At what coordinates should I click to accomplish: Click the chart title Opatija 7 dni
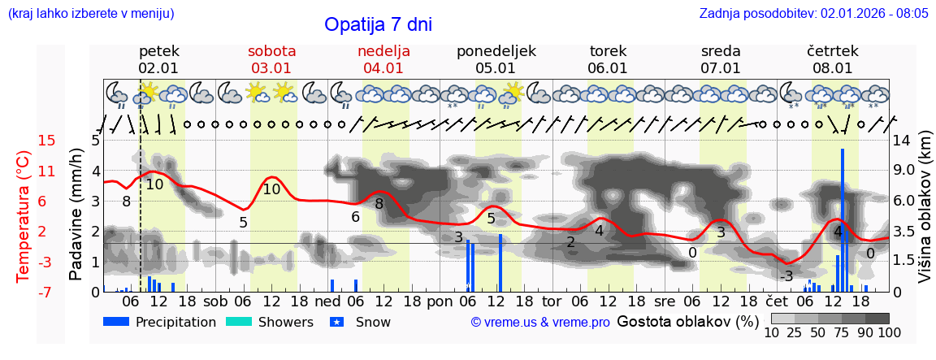(378, 24)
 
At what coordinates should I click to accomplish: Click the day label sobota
(271, 51)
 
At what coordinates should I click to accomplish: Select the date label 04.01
(383, 68)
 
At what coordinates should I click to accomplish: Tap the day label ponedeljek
(496, 51)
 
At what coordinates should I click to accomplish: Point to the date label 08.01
(833, 68)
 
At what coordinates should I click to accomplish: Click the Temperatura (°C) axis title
(24, 216)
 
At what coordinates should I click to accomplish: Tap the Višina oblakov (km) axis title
(925, 216)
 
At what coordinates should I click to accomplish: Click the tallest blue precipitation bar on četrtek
(843, 219)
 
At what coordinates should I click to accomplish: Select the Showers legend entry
(268, 322)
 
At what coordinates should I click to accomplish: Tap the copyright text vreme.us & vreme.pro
(540, 323)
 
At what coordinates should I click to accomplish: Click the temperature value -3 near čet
(786, 276)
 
